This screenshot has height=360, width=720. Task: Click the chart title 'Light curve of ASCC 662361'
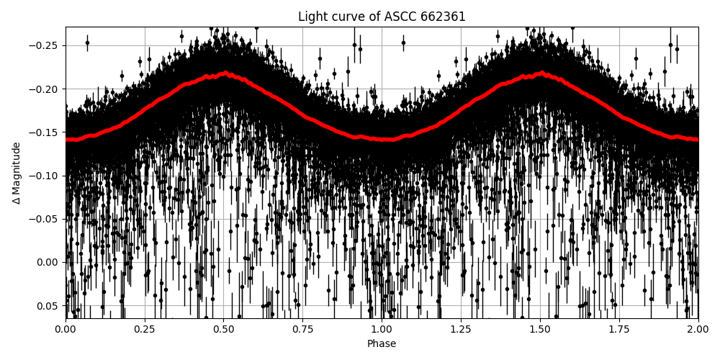(382, 17)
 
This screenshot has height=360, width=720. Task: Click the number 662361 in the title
(441, 17)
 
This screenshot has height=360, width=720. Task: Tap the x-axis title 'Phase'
(382, 344)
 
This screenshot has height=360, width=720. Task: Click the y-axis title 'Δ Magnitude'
(17, 173)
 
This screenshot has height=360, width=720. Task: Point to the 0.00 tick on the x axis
(66, 330)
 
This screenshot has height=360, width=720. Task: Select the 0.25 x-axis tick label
(145, 330)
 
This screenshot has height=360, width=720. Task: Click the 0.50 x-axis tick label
(224, 330)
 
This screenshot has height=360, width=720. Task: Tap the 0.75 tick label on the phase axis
(302, 330)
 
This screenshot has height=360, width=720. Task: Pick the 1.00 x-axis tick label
(382, 330)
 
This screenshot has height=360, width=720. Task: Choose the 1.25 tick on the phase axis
(461, 330)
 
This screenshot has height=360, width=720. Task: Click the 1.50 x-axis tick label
(540, 330)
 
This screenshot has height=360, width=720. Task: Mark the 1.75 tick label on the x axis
(619, 330)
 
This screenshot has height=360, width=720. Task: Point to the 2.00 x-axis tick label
(698, 330)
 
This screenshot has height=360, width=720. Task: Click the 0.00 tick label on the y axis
(49, 262)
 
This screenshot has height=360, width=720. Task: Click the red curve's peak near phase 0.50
(225, 73)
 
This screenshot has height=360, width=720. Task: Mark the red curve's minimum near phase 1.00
(382, 140)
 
